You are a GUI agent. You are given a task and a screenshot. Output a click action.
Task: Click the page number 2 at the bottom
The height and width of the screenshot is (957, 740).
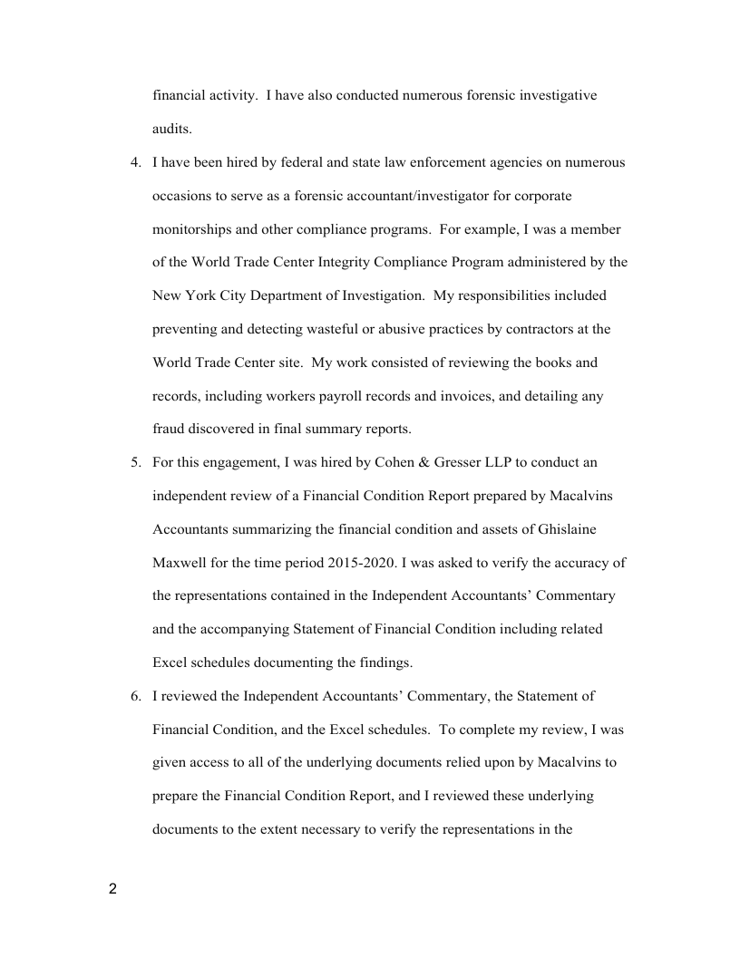112,888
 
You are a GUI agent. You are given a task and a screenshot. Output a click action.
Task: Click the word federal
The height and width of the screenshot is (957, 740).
297,163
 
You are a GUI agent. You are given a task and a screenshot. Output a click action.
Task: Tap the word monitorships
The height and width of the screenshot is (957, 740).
193,229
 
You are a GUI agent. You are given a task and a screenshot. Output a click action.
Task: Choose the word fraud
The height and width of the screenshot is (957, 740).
169,430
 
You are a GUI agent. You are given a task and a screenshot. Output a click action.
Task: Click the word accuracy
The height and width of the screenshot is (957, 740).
578,563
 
